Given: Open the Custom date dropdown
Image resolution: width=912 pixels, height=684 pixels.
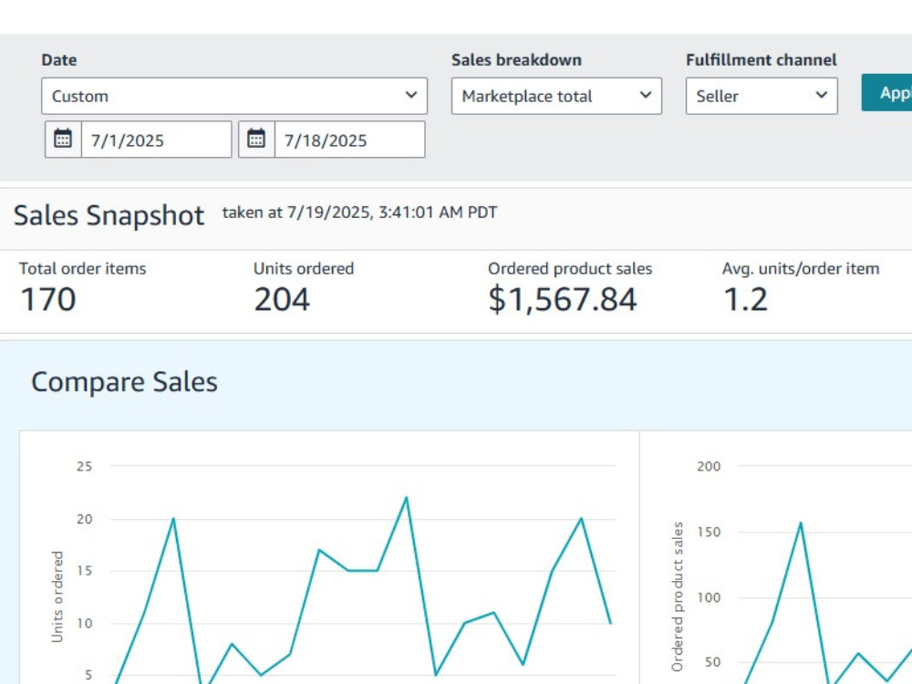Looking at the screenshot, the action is coord(234,96).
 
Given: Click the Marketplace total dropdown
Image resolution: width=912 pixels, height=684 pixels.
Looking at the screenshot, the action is coord(556,96).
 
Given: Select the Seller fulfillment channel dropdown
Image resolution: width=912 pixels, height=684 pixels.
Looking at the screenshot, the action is coord(762,96).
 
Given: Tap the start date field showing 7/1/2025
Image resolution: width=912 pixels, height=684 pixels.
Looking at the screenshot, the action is coord(156,140).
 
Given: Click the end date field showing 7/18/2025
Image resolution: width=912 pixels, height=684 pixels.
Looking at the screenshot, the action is coord(349,140).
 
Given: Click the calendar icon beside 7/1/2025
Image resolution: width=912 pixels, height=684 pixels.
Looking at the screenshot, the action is coord(63,139).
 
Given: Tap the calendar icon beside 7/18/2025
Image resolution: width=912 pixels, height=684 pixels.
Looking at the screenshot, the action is coord(256,139).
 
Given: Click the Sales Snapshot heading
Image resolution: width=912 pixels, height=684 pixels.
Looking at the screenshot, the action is coord(109,215).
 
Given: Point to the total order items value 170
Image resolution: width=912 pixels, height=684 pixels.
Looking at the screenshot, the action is coord(47,299).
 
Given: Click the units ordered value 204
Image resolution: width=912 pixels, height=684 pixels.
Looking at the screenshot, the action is coord(282,299).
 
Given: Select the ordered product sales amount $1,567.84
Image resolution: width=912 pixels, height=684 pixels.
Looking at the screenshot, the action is coord(563,299).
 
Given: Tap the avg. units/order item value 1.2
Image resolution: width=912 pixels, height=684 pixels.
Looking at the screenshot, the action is coord(746,299).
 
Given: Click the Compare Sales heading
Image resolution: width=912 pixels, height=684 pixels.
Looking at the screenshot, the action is coord(124,382).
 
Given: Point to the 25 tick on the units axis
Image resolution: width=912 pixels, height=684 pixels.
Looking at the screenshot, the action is coord(84,466).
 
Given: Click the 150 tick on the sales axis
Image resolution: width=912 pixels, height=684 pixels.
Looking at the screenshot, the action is coord(709,532).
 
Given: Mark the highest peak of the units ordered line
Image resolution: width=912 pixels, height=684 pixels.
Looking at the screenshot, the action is coord(406,498).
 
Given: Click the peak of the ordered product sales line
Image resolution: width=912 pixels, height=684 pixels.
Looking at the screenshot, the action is coord(801,523).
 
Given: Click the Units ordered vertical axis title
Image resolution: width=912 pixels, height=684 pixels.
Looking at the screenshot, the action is coord(57,596).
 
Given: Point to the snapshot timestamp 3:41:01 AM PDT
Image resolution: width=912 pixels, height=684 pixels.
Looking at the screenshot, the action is coord(438,212).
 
